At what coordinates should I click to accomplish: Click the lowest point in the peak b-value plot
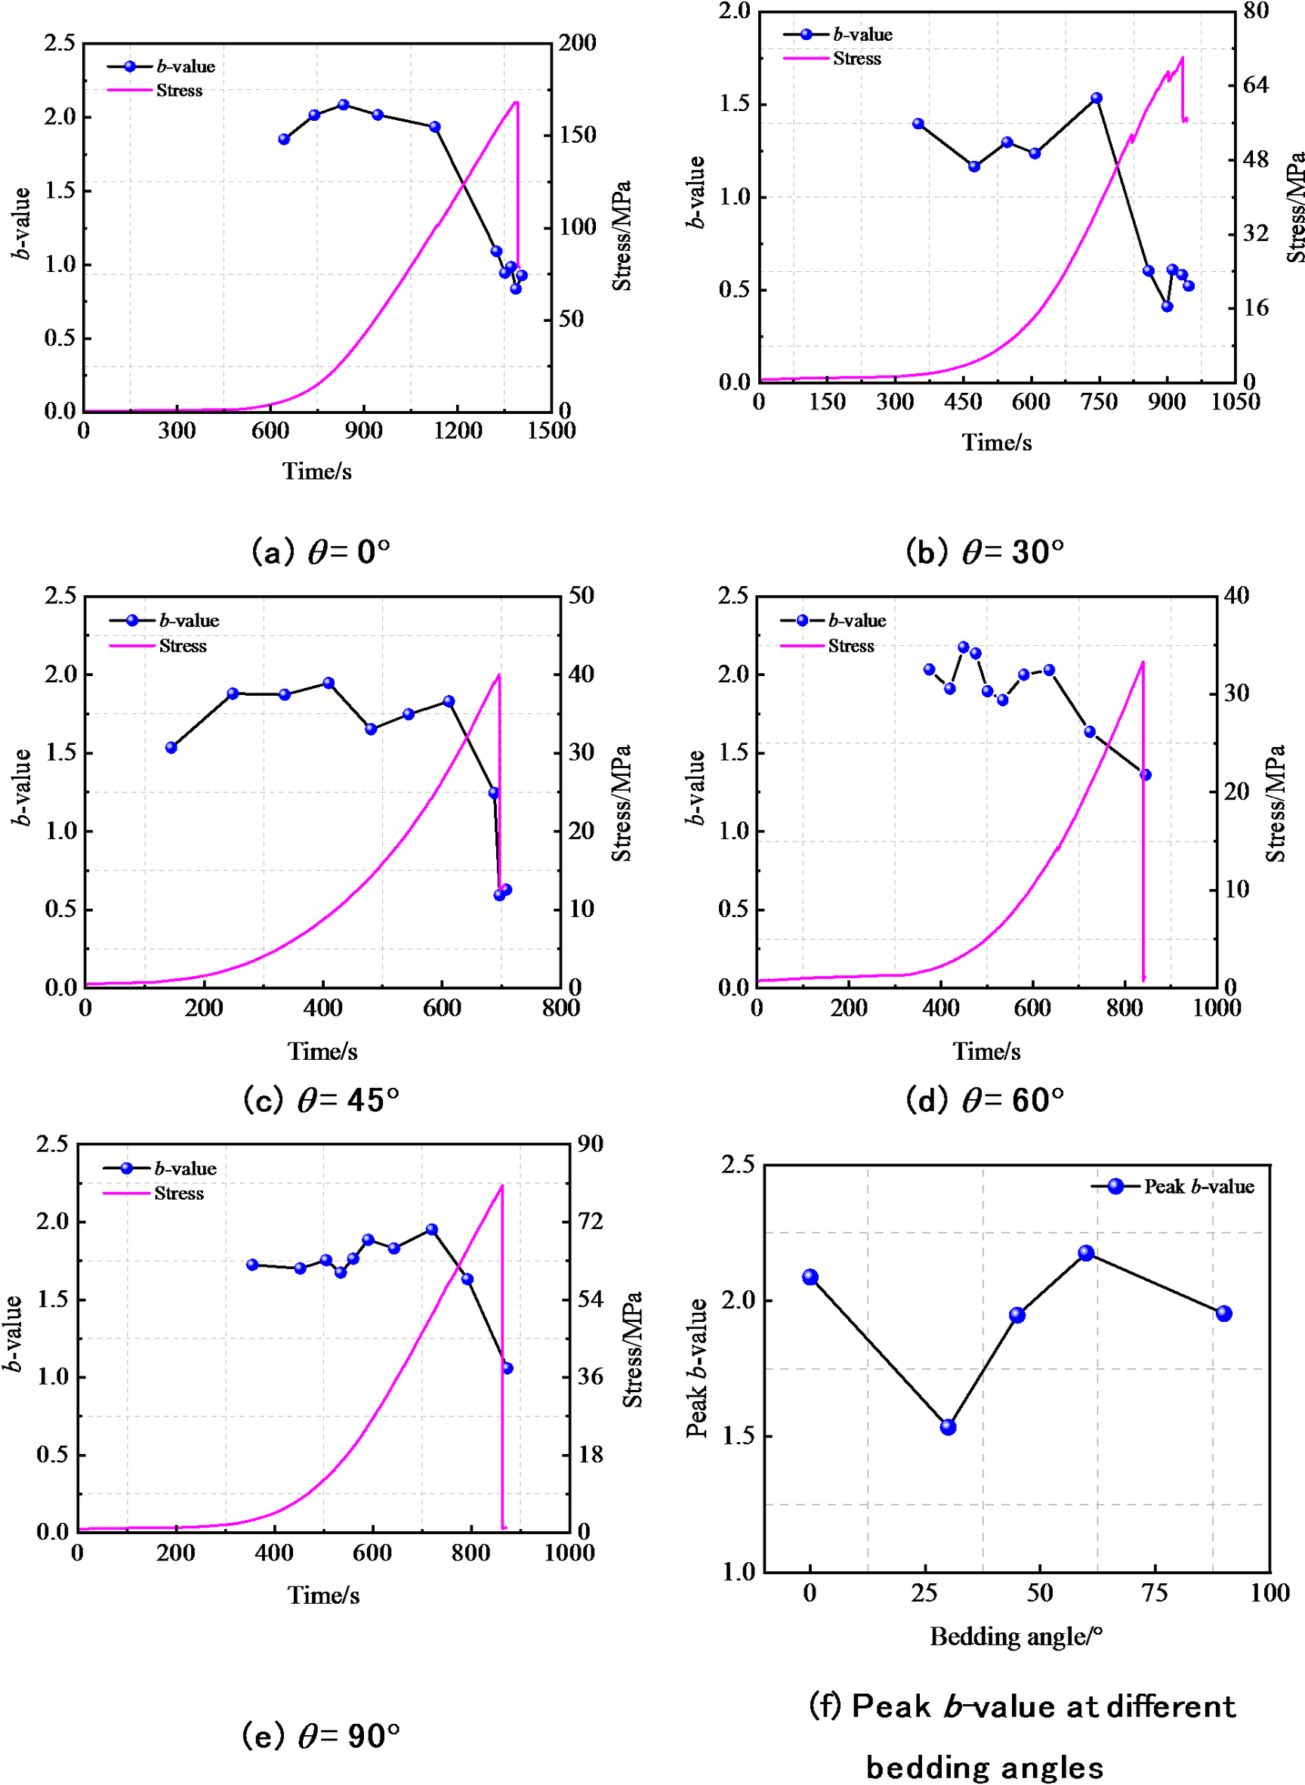pos(948,1427)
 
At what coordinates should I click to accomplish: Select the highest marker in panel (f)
pos(1086,1253)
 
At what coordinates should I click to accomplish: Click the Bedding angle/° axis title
pos(1016,1635)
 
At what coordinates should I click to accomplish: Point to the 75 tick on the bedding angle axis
pos(1154,1592)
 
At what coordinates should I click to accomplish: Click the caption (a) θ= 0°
pos(321,551)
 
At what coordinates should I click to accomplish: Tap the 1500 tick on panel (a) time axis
pos(551,431)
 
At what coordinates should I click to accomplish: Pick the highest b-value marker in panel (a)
pos(343,104)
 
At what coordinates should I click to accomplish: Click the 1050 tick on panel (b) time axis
pos(1236,402)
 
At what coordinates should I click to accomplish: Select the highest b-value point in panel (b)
pos(1097,98)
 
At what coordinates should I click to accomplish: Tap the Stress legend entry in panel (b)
pos(856,58)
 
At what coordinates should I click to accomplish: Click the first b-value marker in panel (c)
pos(171,748)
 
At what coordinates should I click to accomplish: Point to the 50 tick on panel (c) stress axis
pos(582,596)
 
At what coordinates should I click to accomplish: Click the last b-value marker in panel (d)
pos(1146,774)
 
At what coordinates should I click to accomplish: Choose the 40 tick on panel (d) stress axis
pos(1236,596)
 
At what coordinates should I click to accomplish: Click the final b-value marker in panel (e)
pos(507,1368)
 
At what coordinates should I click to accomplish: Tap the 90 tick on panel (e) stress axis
pos(590,1144)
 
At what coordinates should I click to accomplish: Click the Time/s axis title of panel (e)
pos(323,1595)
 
